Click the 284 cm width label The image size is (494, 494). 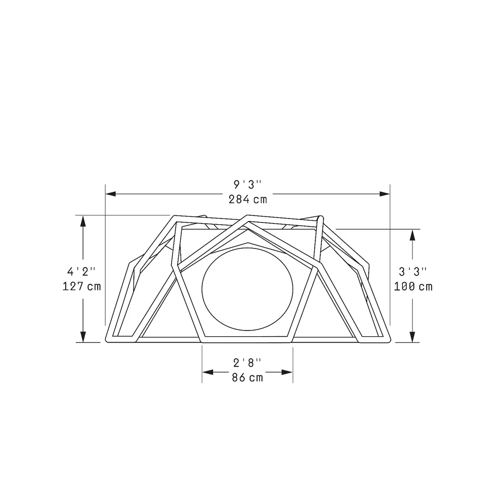tap(247, 199)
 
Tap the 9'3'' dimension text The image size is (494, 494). tap(247, 185)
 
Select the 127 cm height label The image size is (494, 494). tap(82, 287)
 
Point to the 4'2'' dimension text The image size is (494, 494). tap(81, 271)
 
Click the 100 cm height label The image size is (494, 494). tap(413, 287)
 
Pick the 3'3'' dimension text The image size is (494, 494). tap(413, 271)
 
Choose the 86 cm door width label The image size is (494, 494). tap(247, 377)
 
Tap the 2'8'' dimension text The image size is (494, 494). tap(247, 363)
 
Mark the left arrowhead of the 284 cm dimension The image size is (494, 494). tap(110, 194)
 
